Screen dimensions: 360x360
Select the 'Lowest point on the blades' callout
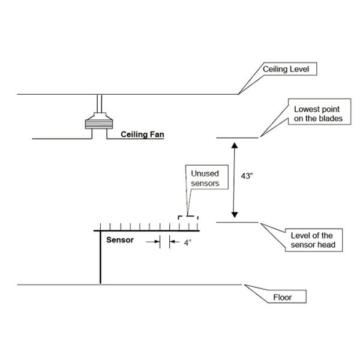click(318, 115)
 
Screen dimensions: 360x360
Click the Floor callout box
click(281, 297)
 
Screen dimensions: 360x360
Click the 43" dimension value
click(247, 176)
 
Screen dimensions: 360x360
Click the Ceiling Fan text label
click(142, 134)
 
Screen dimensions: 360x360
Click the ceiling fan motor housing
click(98, 123)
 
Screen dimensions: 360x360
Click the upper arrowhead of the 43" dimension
click(235, 145)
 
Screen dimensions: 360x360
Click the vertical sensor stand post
click(101, 258)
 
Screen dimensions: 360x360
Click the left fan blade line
click(60, 139)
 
